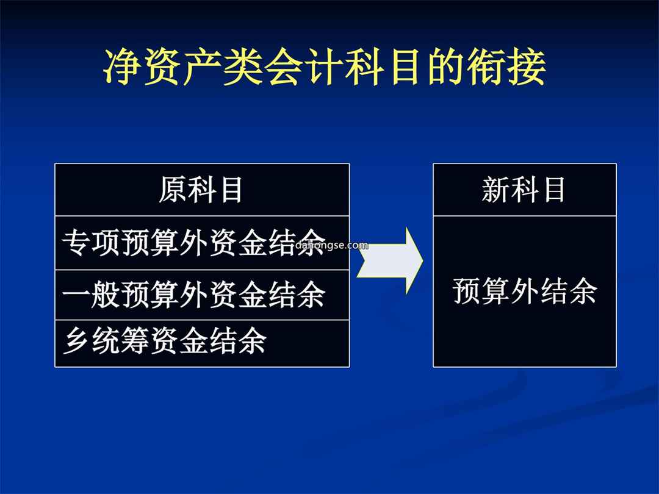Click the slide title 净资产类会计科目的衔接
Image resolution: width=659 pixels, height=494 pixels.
[325, 67]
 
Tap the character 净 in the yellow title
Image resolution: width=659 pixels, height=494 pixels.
[122, 67]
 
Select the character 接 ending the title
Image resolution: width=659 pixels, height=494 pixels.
[526, 67]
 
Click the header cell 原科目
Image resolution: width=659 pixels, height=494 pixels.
[201, 190]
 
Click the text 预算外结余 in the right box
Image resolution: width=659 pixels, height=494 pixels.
[525, 291]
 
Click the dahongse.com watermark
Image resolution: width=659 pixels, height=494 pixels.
[332, 245]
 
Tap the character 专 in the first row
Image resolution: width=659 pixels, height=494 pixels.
[76, 243]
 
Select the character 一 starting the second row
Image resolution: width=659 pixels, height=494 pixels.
[76, 295]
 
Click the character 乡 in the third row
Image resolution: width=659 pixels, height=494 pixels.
[77, 341]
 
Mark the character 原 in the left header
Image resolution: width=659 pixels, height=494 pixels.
[172, 190]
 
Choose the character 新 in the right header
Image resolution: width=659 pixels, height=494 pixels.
[496, 190]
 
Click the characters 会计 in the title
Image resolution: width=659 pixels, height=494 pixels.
[304, 67]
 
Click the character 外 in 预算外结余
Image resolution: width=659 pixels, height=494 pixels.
[525, 291]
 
